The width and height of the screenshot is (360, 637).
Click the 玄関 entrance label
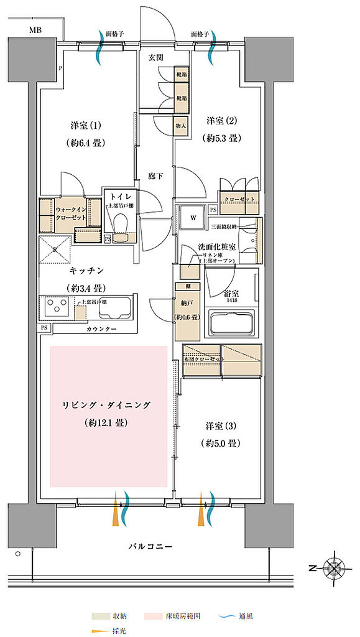pos(155,57)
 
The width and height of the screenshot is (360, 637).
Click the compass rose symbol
pos(335,567)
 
